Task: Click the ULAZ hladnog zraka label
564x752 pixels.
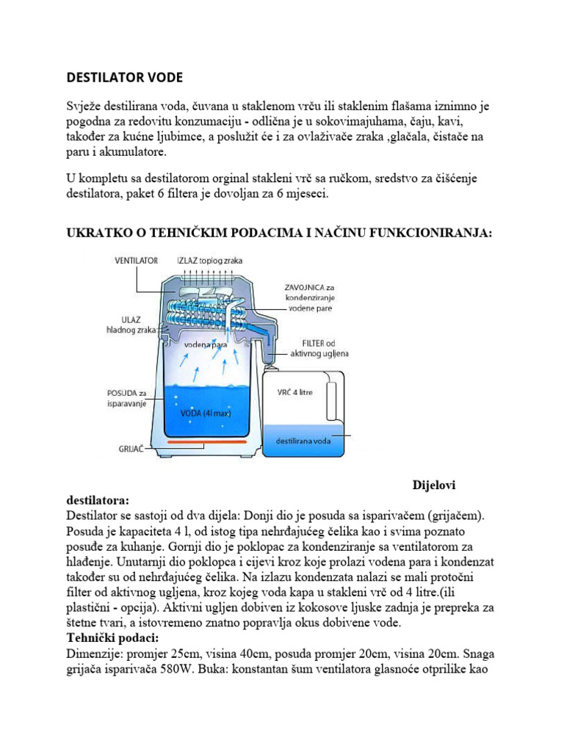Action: click(x=137, y=325)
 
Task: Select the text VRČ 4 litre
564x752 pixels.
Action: click(x=295, y=392)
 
